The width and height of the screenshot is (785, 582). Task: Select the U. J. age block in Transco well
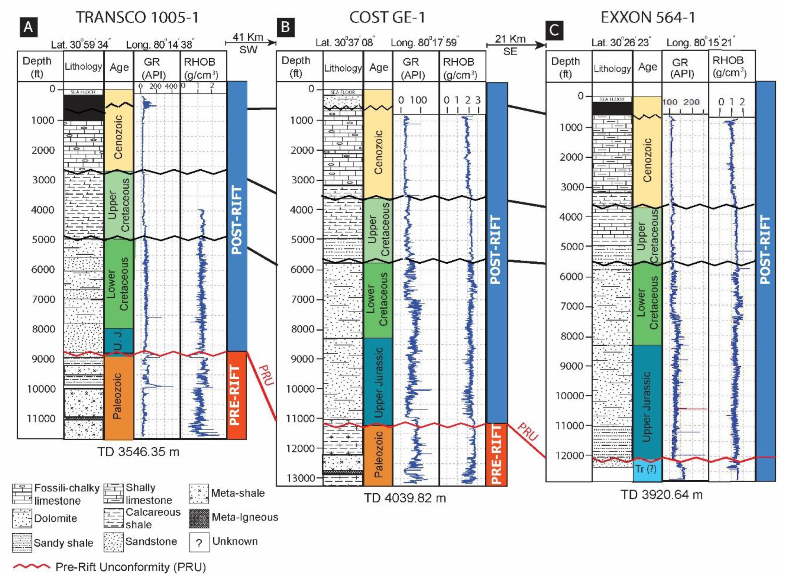pyautogui.click(x=119, y=340)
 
